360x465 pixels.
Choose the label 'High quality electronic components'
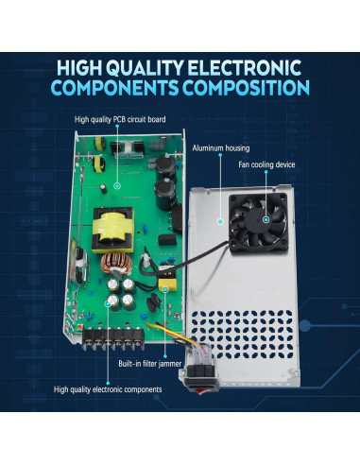tap(108, 388)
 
